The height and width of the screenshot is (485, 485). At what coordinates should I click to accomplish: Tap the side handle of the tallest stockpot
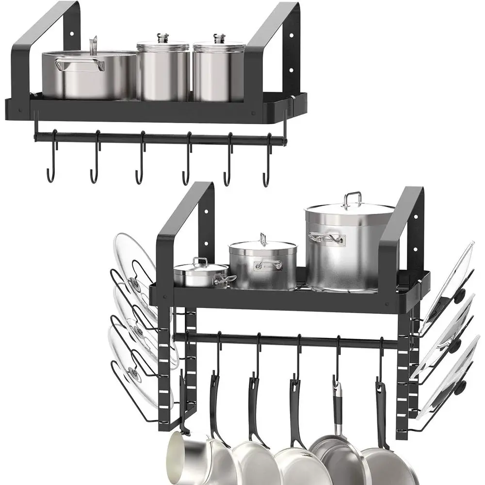(326, 237)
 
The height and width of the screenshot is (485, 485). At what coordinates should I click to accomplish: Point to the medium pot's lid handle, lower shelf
(262, 239)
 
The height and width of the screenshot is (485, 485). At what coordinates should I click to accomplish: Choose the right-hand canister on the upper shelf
(219, 72)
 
